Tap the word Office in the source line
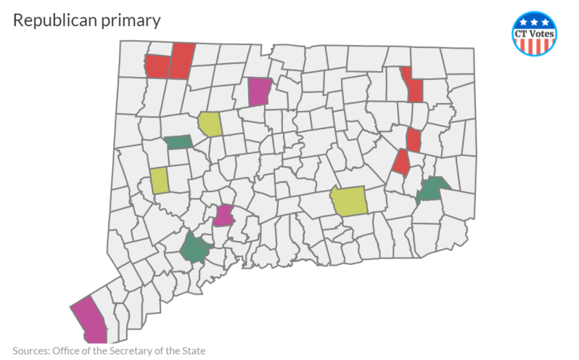71,351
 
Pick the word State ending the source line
192,351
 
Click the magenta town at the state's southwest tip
91,320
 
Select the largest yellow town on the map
349,201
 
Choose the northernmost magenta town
259,91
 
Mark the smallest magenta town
224,216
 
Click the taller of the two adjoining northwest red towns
183,60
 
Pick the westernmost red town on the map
157,66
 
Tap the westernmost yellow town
160,180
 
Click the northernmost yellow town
210,124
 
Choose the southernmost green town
194,248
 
